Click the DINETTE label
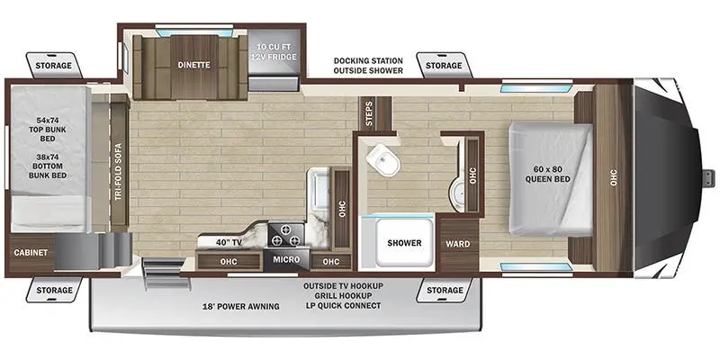point(193,65)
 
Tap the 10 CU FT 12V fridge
point(274,59)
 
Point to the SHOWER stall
point(404,242)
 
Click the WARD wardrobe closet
point(458,244)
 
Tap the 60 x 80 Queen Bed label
point(548,174)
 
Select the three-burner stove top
point(285,234)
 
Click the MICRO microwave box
point(286,260)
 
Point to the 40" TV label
point(229,242)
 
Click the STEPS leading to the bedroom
point(374,113)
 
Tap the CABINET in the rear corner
point(31,253)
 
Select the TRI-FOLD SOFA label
point(119,172)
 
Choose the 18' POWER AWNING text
point(241,306)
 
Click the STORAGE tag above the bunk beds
point(54,66)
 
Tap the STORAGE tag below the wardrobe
point(445,290)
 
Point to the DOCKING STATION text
point(368,60)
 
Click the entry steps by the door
point(166,274)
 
